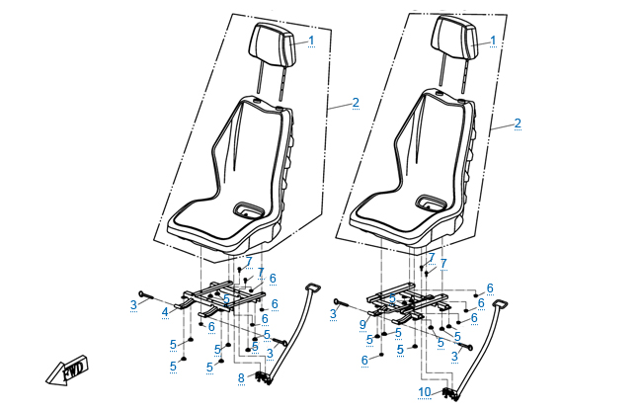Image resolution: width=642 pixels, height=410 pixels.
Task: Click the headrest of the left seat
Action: (274, 44)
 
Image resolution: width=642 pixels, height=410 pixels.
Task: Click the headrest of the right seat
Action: (455, 44)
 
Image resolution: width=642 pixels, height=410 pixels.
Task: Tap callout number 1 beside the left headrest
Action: (311, 41)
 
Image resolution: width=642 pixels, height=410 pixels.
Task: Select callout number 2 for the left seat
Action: (355, 103)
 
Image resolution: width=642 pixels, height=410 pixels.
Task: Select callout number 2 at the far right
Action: (518, 124)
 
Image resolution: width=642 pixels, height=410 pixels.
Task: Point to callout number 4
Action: (165, 312)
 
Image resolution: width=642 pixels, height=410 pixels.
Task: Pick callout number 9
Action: (363, 323)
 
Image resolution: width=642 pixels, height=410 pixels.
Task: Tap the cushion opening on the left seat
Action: (249, 209)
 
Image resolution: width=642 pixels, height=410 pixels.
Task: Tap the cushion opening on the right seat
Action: (431, 205)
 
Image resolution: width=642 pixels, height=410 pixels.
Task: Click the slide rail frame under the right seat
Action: (407, 302)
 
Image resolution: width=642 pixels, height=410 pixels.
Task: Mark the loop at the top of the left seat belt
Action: (315, 287)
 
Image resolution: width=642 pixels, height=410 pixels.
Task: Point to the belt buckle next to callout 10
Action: (450, 394)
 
